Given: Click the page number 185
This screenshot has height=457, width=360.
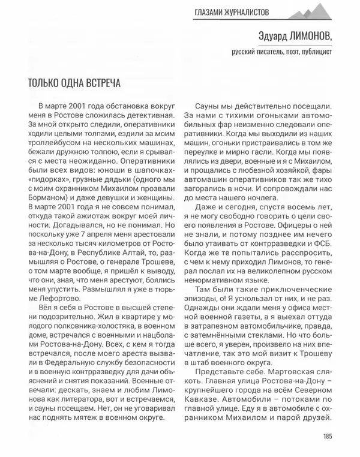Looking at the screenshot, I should point(326,437).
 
